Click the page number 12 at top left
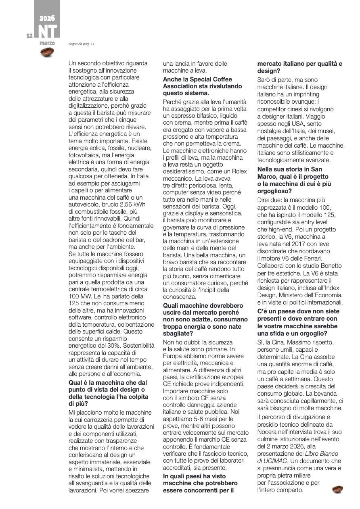click(29, 36)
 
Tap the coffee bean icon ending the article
click(338, 490)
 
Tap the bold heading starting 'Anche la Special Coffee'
click(203, 86)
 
